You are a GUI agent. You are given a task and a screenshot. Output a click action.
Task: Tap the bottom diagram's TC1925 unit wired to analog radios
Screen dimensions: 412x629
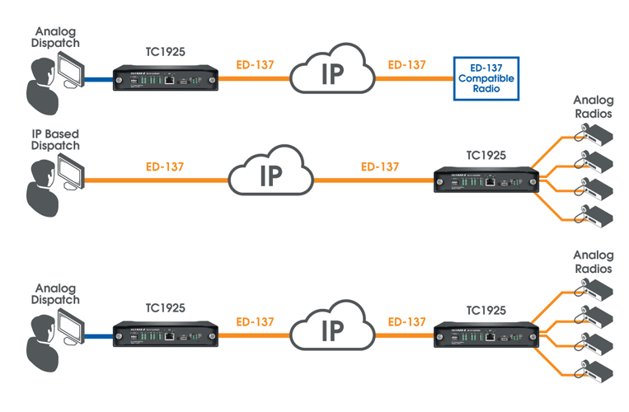pyautogui.click(x=487, y=335)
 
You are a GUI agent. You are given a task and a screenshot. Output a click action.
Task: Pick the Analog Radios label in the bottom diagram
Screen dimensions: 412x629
pyautogui.click(x=593, y=262)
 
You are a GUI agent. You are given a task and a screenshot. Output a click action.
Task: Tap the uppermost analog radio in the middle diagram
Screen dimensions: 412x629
pyautogui.click(x=593, y=131)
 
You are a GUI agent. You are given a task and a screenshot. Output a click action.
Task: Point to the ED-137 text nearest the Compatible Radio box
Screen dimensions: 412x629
pyautogui.click(x=406, y=64)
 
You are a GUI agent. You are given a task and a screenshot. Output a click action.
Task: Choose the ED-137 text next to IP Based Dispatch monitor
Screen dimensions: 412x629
pyautogui.click(x=164, y=166)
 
